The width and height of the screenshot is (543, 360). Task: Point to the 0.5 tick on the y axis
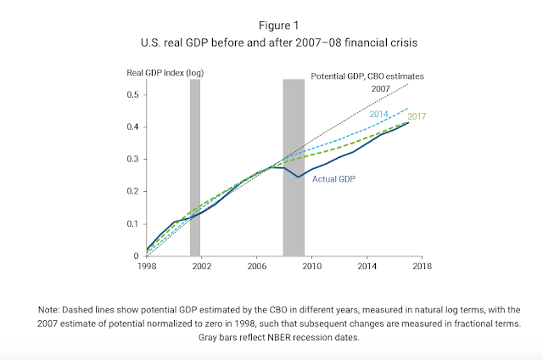[x=132, y=94]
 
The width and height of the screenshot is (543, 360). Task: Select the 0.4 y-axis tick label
[x=132, y=127]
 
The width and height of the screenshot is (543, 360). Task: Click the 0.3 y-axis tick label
[x=132, y=159]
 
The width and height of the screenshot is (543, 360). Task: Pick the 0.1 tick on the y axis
[x=132, y=224]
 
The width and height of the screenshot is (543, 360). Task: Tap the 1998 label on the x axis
[x=147, y=267]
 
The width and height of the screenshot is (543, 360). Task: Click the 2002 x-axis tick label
[x=201, y=267]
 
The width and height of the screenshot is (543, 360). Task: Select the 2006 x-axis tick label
[x=256, y=267]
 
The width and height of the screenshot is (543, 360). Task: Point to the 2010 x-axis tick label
[x=311, y=267]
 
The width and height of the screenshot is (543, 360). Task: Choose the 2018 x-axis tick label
[x=421, y=267]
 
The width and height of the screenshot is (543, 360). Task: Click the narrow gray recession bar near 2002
[x=195, y=170]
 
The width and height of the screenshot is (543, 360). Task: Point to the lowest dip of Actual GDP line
[x=298, y=177]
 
